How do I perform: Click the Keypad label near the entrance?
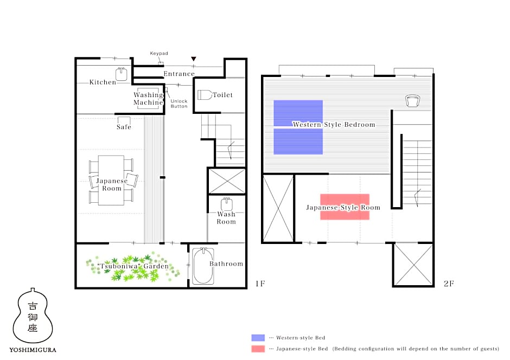pyautogui.click(x=159, y=53)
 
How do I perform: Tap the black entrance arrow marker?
pyautogui.click(x=194, y=59)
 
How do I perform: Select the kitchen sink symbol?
pyautogui.click(x=122, y=74)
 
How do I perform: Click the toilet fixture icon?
pyautogui.click(x=205, y=95)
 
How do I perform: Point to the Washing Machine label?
pyautogui.click(x=148, y=99)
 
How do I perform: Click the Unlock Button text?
pyautogui.click(x=179, y=104)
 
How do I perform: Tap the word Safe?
pyautogui.click(x=124, y=127)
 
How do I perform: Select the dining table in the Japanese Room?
pyautogui.click(x=111, y=181)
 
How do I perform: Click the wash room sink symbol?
pyautogui.click(x=227, y=204)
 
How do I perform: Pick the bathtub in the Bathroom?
pyautogui.click(x=203, y=266)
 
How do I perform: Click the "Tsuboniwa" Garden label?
pyautogui.click(x=133, y=266)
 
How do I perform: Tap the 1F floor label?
pyautogui.click(x=260, y=284)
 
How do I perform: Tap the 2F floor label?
pyautogui.click(x=449, y=284)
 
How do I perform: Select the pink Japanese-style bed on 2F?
pyautogui.click(x=345, y=207)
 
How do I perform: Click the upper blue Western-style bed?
pyautogui.click(x=298, y=113)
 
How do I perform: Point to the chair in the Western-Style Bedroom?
pyautogui.click(x=412, y=101)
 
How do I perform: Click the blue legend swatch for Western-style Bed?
pyautogui.click(x=258, y=338)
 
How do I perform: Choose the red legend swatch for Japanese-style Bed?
pyautogui.click(x=258, y=349)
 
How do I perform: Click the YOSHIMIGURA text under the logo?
pyautogui.click(x=33, y=350)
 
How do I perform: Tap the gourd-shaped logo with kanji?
pyautogui.click(x=33, y=316)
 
